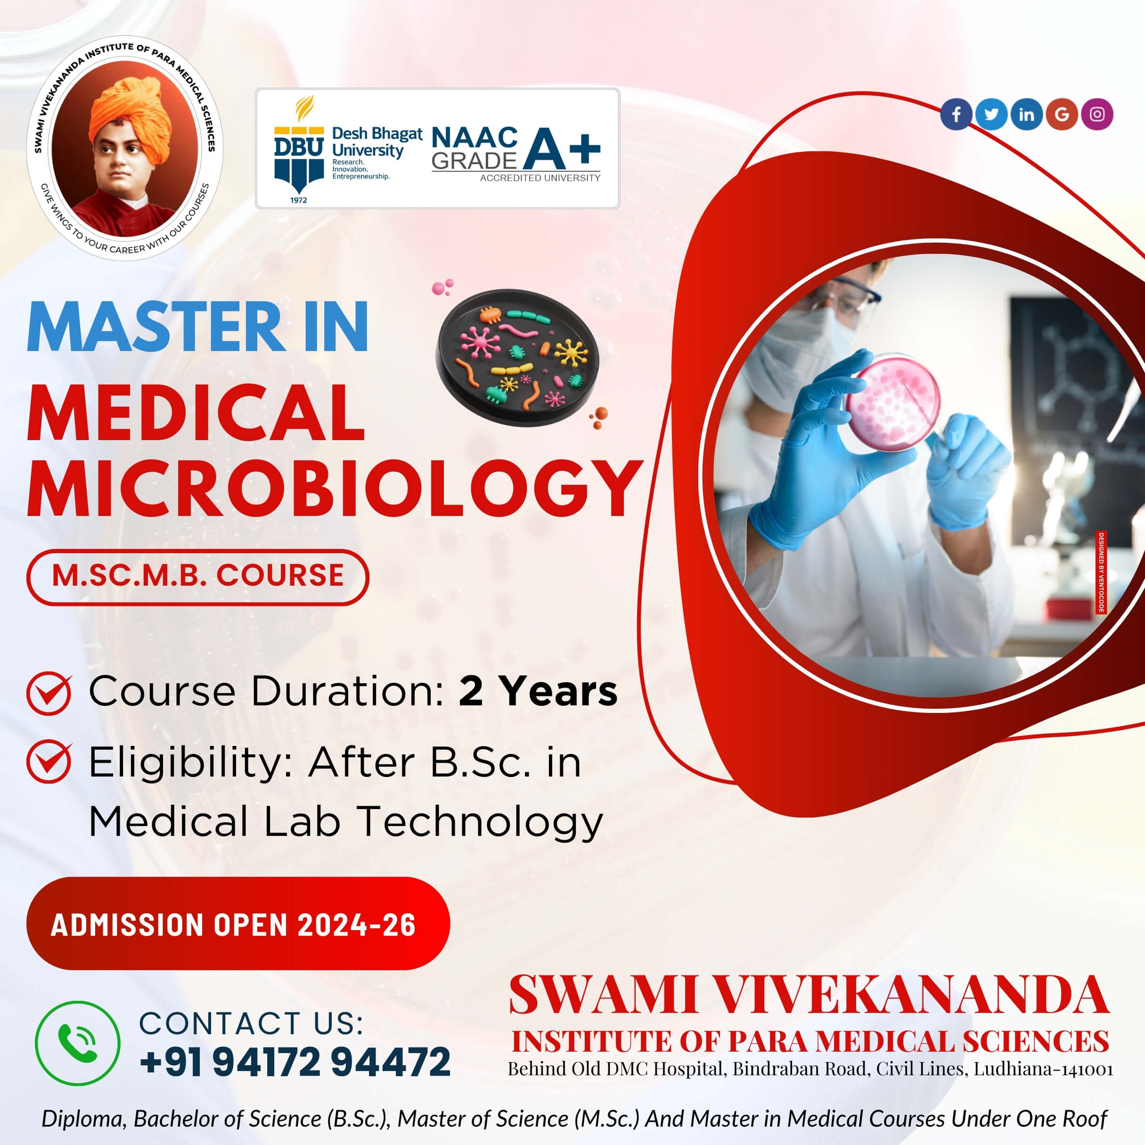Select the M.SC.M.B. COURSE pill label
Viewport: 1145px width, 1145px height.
point(197,577)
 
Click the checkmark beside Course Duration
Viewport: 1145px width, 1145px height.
point(49,692)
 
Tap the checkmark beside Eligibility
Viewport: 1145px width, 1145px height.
point(49,761)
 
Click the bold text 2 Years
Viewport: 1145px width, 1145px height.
point(538,691)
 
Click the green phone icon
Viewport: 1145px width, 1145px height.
point(78,1043)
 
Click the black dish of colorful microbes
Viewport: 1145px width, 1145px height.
point(517,357)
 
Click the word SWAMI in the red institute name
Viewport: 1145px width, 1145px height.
point(603,996)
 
